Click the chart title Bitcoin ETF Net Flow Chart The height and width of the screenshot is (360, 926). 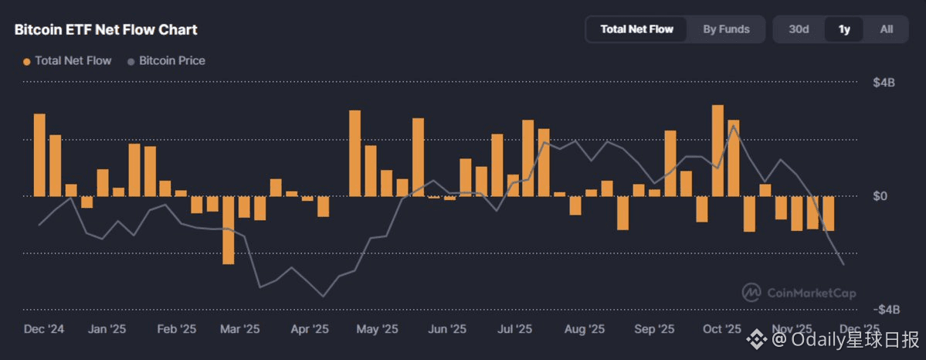tap(106, 30)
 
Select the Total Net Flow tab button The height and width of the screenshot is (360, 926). tap(637, 29)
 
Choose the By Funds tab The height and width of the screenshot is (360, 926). tap(726, 29)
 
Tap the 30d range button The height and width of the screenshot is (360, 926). tap(799, 29)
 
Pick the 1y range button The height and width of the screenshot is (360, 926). tap(844, 29)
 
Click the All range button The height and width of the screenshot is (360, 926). tap(887, 29)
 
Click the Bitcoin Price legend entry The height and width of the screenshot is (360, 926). tap(171, 60)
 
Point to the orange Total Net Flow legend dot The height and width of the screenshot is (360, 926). tap(27, 61)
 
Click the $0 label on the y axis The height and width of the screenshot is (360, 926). tap(880, 196)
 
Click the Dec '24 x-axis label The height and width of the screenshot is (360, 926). tap(44, 329)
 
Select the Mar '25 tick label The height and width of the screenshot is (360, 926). tap(240, 329)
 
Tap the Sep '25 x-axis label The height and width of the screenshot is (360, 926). tap(655, 329)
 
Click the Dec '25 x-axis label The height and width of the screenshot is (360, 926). tap(860, 329)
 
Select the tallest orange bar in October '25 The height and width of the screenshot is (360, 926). tap(717, 151)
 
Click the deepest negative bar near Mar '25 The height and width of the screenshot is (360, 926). tap(228, 230)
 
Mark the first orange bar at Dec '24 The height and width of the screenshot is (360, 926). tap(39, 155)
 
